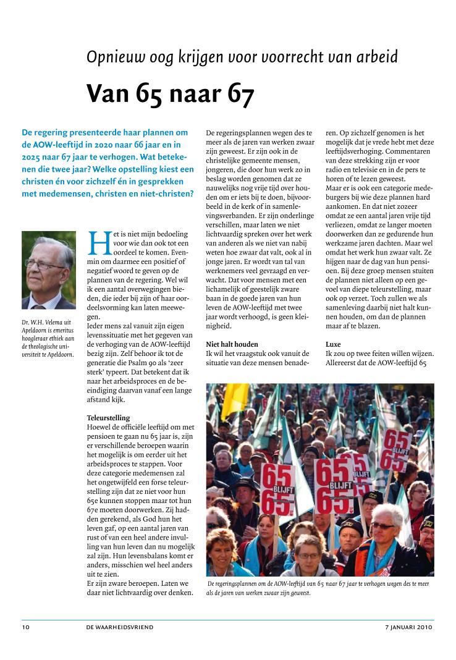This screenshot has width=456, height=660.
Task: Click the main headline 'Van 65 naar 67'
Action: [x=170, y=93]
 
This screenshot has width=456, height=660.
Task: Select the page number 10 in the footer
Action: [x=25, y=627]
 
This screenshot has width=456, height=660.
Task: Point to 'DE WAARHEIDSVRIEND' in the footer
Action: [x=120, y=627]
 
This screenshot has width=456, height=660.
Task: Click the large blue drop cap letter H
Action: [x=99, y=243]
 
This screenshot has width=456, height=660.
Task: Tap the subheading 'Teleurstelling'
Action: [x=109, y=418]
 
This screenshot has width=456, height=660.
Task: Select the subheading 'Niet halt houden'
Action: [x=232, y=344]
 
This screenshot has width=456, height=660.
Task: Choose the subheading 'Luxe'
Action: [x=334, y=344]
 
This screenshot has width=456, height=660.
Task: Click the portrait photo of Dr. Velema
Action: [x=49, y=270]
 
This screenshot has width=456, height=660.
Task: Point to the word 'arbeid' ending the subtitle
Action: [x=377, y=57]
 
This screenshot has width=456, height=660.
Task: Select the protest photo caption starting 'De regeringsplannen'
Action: [x=318, y=588]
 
